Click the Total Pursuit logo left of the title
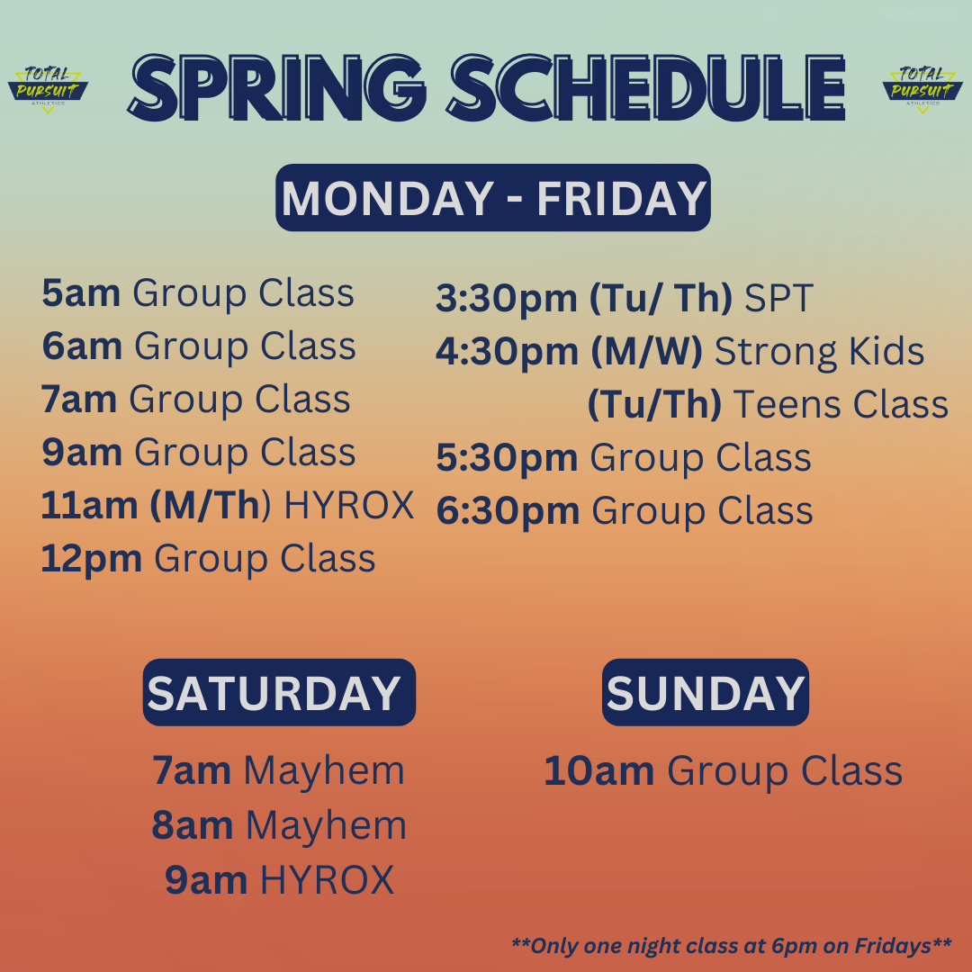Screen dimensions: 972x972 (x=48, y=89)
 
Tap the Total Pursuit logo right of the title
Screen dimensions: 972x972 (x=922, y=89)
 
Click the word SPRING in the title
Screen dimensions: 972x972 (x=277, y=87)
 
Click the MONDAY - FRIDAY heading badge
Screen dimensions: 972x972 (x=493, y=198)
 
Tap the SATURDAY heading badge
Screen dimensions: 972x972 (x=279, y=692)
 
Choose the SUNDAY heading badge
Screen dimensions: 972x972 (x=706, y=692)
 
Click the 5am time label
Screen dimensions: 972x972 (x=81, y=292)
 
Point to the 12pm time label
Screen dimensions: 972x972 (x=91, y=559)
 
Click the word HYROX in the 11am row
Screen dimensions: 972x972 (x=349, y=505)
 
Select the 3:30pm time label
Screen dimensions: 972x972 (x=507, y=298)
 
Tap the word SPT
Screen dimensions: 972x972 (x=778, y=298)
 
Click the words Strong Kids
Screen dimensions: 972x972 (x=820, y=352)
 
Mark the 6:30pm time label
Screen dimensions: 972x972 (x=508, y=511)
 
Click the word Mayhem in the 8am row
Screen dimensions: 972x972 (x=326, y=825)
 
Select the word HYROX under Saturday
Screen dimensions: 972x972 (x=327, y=879)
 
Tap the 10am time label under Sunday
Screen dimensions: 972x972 (x=598, y=771)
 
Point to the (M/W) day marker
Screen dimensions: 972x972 (x=646, y=352)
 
